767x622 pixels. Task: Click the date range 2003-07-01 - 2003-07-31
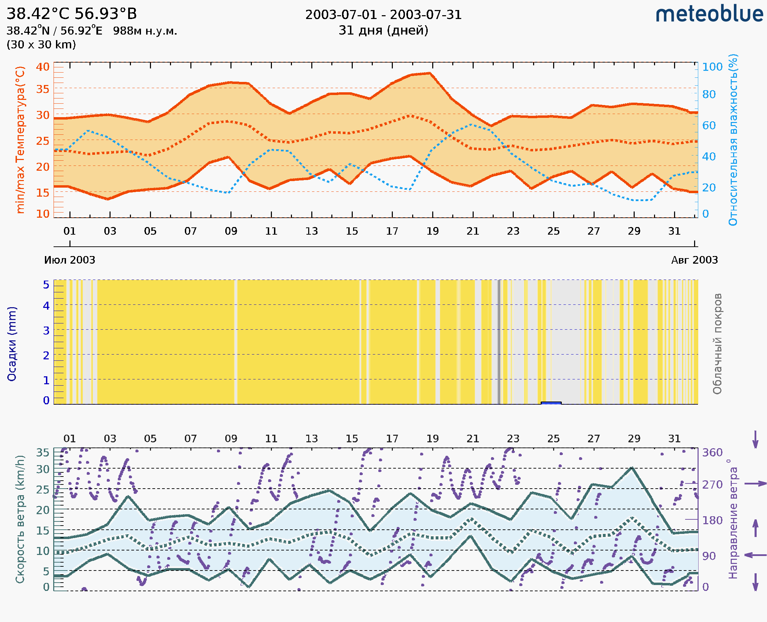(x=383, y=15)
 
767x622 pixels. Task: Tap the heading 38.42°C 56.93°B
(x=72, y=14)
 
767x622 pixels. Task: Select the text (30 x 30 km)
(x=41, y=45)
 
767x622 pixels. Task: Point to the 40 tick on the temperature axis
(x=42, y=67)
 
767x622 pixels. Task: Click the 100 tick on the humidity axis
(x=712, y=67)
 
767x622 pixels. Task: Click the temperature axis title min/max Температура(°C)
(x=20, y=140)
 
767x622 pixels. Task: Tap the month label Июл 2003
(x=69, y=260)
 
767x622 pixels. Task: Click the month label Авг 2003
(x=694, y=260)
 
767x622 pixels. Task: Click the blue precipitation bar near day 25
(x=551, y=403)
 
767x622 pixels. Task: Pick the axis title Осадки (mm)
(x=12, y=344)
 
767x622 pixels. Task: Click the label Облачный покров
(x=717, y=344)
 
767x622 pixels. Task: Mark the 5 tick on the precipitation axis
(x=46, y=285)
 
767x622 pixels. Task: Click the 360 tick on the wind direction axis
(x=712, y=453)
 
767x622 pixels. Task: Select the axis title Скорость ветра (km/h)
(x=20, y=519)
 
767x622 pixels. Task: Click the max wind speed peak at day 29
(x=632, y=468)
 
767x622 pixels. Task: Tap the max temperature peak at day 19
(x=430, y=73)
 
